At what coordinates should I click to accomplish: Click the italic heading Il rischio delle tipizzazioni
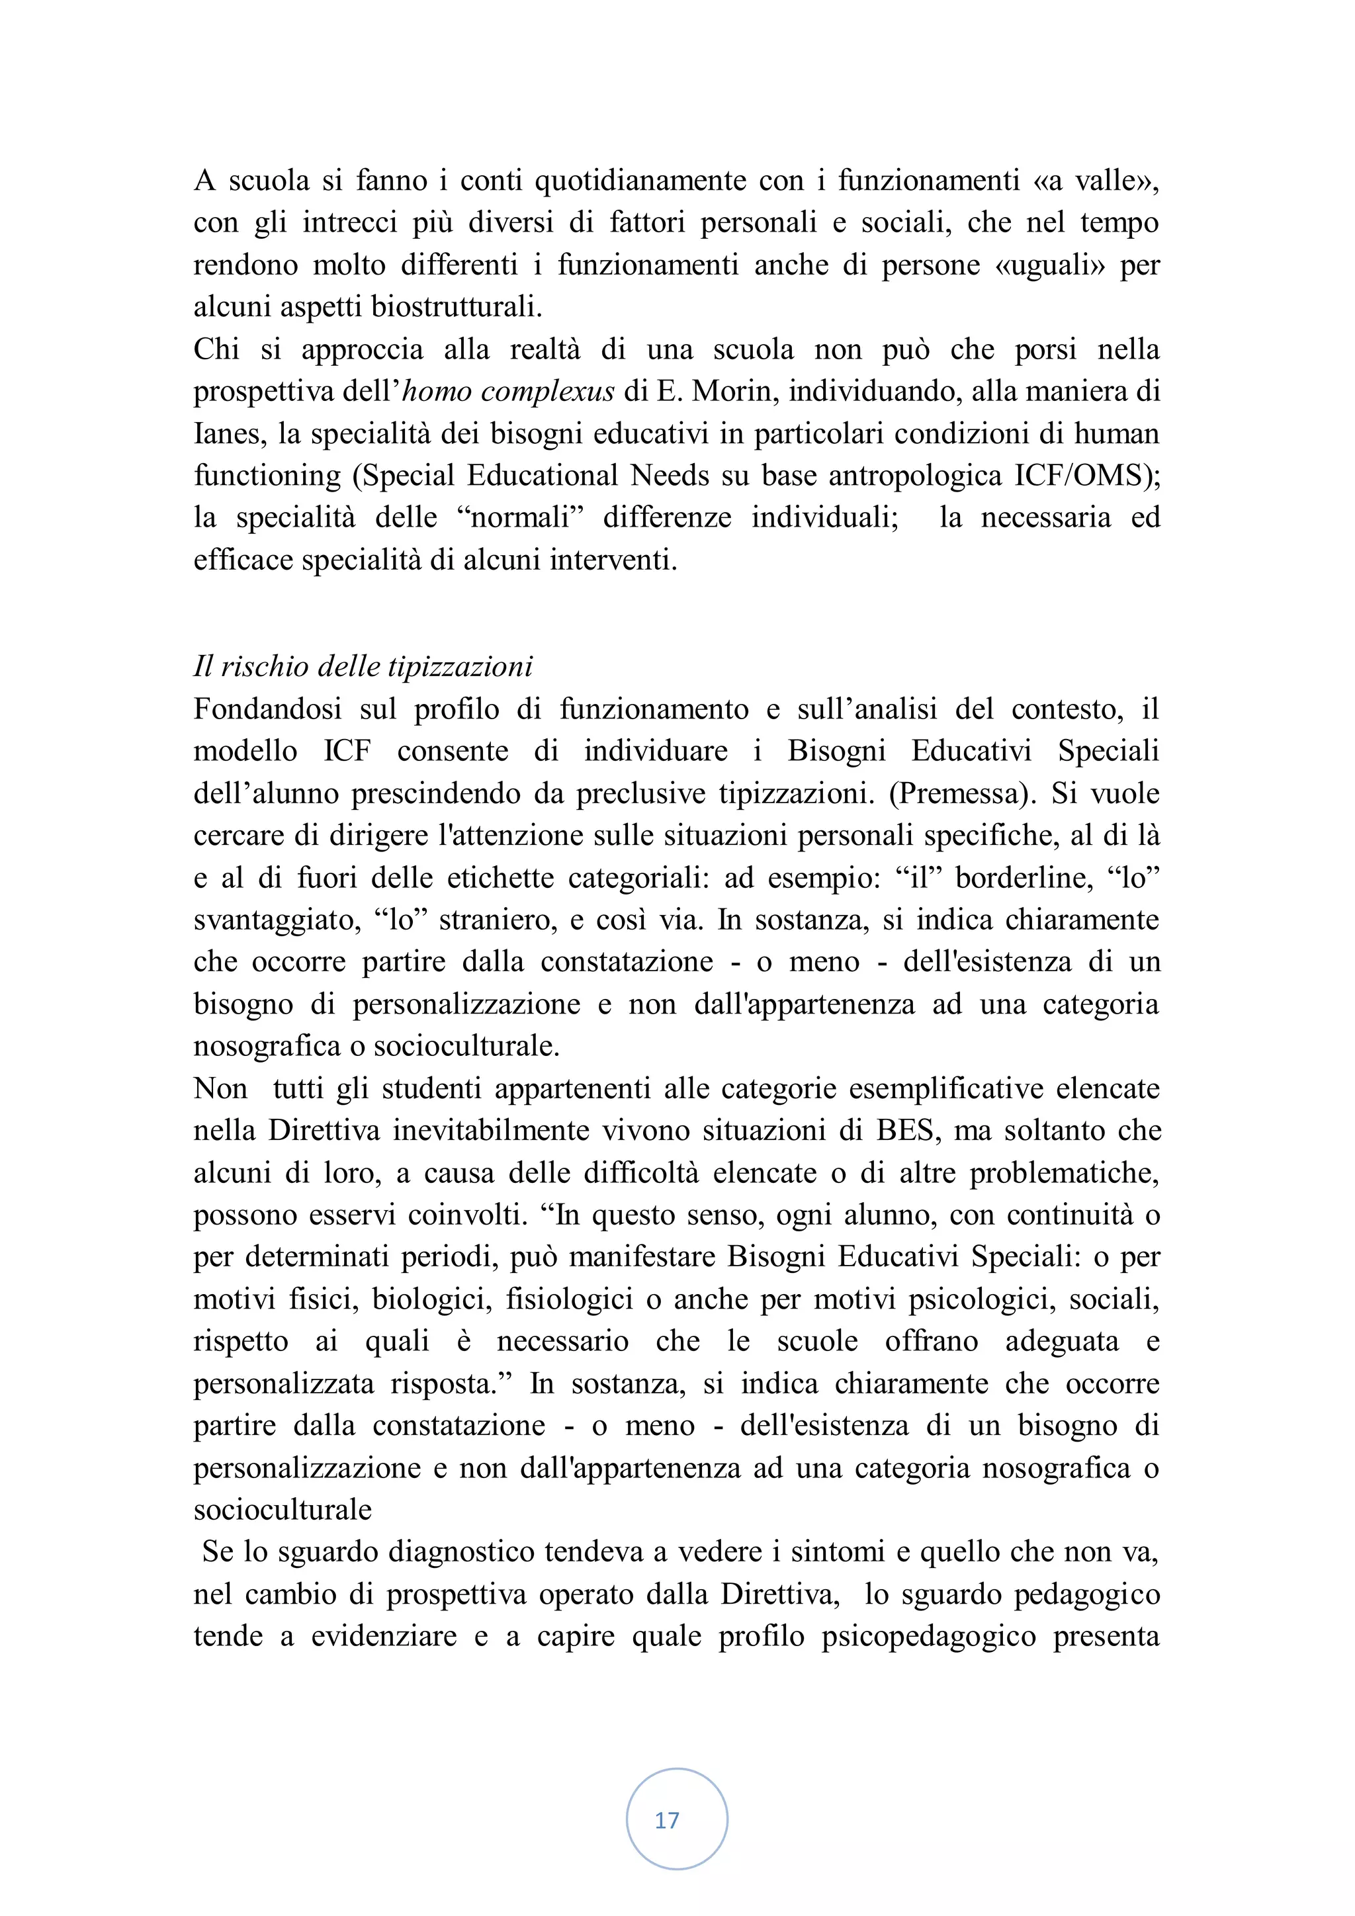(363, 667)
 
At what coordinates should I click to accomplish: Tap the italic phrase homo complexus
(508, 392)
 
